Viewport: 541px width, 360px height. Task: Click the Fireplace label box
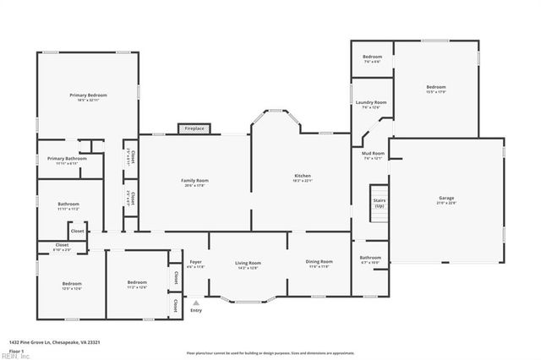click(193, 128)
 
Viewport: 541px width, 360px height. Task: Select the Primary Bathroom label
click(67, 161)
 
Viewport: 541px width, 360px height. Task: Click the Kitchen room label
click(303, 177)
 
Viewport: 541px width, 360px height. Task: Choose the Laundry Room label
click(371, 104)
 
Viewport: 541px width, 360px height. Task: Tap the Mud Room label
click(373, 155)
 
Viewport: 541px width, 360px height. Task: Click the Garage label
click(445, 200)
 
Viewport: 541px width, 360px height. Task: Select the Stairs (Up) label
click(379, 203)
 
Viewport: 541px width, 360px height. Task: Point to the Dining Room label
click(320, 264)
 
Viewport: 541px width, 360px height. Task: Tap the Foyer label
click(195, 264)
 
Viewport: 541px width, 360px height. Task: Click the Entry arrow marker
click(196, 302)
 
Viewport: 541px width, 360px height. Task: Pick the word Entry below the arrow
click(196, 310)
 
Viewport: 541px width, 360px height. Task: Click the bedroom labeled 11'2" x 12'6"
click(137, 285)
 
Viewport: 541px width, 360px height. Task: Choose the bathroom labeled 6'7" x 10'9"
click(370, 259)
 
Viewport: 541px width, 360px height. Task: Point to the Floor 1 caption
click(15, 350)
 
